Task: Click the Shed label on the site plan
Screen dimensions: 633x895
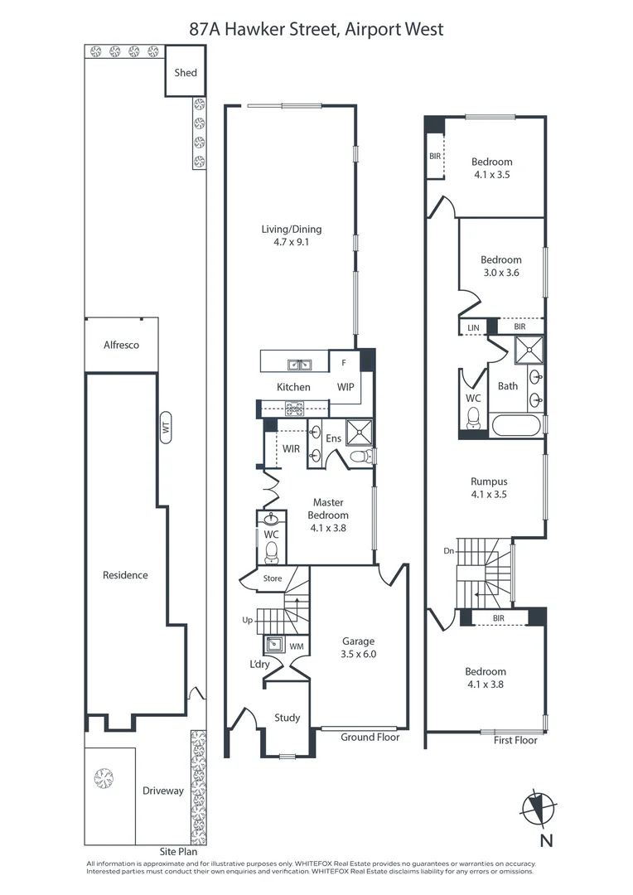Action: (x=186, y=72)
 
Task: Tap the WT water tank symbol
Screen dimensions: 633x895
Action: (x=166, y=427)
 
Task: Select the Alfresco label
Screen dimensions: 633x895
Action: (x=121, y=345)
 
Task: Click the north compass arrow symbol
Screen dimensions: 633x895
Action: (x=538, y=808)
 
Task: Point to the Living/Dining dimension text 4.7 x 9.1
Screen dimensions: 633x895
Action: (x=291, y=242)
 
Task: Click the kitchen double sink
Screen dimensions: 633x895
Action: (x=298, y=364)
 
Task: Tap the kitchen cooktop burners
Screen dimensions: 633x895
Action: (x=294, y=408)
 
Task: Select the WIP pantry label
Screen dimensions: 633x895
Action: (x=345, y=387)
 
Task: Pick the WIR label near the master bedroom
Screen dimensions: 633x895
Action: (x=291, y=448)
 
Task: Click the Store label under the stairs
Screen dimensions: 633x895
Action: (x=273, y=578)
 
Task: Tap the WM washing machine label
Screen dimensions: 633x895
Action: (x=297, y=646)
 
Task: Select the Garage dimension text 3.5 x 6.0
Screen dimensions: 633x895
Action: (x=359, y=654)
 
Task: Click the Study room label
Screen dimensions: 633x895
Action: (x=288, y=718)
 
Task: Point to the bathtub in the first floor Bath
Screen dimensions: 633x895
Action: (x=515, y=425)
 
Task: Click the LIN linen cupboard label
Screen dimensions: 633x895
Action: (x=474, y=327)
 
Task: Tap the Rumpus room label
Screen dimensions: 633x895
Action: (x=489, y=481)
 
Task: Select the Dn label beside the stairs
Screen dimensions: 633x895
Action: (x=448, y=551)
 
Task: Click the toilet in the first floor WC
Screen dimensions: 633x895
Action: (x=473, y=419)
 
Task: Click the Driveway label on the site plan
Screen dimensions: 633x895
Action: (x=163, y=791)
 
